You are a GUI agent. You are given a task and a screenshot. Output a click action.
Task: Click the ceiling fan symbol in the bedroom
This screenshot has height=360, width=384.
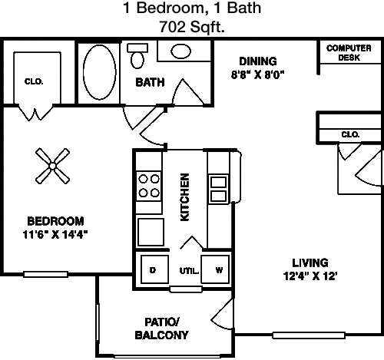pyautogui.click(x=52, y=166)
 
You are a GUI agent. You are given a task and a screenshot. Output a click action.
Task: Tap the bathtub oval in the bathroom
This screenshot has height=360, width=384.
pyautogui.click(x=99, y=72)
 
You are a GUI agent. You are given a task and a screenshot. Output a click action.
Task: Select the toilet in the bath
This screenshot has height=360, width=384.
pyautogui.click(x=137, y=56)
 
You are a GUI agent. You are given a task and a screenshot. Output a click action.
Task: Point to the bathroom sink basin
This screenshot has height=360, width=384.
pyautogui.click(x=180, y=51)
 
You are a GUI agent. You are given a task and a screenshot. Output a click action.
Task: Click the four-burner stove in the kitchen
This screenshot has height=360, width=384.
pyautogui.click(x=149, y=186)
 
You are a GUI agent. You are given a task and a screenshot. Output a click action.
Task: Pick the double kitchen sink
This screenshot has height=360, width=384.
pyautogui.click(x=218, y=190)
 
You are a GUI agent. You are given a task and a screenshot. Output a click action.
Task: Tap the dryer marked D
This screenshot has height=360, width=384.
pyautogui.click(x=154, y=269)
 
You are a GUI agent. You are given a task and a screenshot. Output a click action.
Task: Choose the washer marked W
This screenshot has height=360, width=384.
pyautogui.click(x=215, y=269)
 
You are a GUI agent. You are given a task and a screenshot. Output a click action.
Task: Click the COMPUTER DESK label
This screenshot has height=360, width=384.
pyautogui.click(x=349, y=53)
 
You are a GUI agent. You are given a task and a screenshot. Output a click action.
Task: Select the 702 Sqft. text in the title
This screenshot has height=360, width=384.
pyautogui.click(x=192, y=27)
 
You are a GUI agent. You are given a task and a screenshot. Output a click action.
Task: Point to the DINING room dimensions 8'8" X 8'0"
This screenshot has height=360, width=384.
pyautogui.click(x=258, y=75)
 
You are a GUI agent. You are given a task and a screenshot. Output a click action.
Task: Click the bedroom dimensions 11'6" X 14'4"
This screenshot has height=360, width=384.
pyautogui.click(x=55, y=234)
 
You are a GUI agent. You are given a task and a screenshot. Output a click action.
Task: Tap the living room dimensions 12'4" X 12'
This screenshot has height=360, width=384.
pyautogui.click(x=310, y=276)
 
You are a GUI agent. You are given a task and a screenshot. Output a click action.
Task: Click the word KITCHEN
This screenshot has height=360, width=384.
pyautogui.click(x=184, y=197)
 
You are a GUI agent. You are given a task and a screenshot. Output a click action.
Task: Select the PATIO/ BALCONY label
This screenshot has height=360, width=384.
pyautogui.click(x=161, y=329)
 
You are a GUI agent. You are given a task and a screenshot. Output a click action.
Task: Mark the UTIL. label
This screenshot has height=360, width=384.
pyautogui.click(x=189, y=271)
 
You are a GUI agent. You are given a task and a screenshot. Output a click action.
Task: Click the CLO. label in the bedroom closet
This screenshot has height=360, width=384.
pyautogui.click(x=34, y=81)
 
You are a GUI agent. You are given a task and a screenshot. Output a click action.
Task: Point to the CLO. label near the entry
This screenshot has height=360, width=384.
pyautogui.click(x=350, y=134)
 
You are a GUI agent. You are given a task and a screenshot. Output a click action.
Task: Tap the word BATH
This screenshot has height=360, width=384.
pyautogui.click(x=150, y=82)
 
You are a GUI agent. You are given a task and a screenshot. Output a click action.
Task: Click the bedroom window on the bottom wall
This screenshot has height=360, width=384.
pyautogui.click(x=45, y=274)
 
